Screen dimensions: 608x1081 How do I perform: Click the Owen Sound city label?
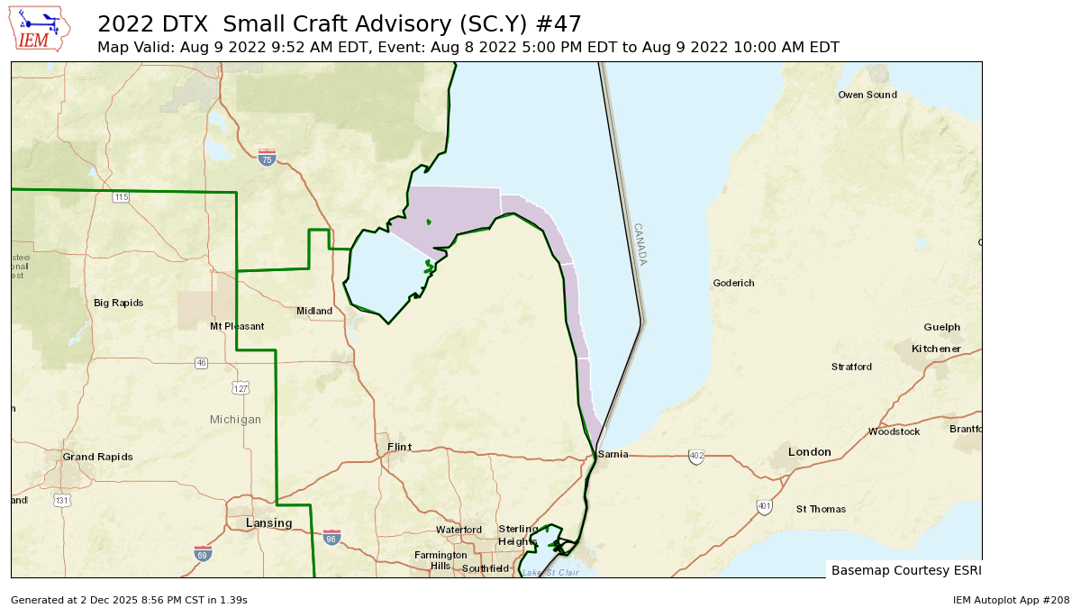tap(867, 95)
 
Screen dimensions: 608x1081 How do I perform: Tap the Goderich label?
tap(733, 283)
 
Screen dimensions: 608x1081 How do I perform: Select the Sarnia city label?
tap(613, 454)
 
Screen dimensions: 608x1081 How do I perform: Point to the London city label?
tap(809, 451)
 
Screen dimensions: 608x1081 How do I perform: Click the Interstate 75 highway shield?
tap(266, 159)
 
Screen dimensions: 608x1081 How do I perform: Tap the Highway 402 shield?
tap(696, 457)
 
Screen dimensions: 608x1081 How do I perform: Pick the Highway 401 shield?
tap(764, 507)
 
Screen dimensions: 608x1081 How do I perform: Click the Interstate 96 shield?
tap(332, 538)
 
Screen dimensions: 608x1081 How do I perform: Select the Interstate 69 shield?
tap(204, 553)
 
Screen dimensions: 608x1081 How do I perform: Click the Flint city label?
tap(399, 447)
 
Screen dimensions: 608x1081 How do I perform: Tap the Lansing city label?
tap(269, 523)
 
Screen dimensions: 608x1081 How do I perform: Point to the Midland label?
tap(314, 311)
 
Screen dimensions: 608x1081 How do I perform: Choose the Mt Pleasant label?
tap(237, 326)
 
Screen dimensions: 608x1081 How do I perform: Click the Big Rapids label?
tap(118, 303)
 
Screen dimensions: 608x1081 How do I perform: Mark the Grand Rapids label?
tap(97, 457)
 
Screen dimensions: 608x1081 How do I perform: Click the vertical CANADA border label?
tap(640, 244)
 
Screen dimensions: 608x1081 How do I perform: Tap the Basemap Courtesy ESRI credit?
tap(905, 570)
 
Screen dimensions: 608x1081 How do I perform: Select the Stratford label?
tap(851, 367)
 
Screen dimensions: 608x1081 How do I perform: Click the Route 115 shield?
tap(121, 196)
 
